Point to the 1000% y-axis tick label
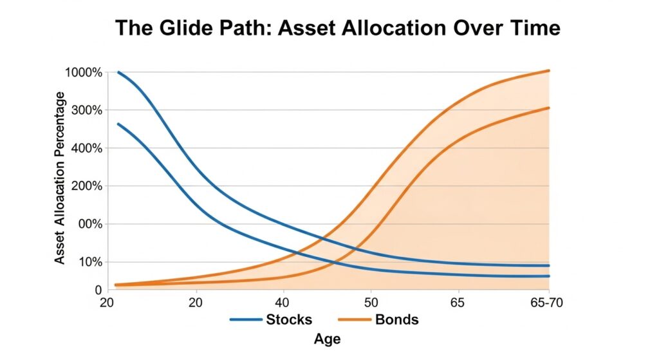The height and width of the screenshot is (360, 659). [84, 73]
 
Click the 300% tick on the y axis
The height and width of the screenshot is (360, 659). [87, 111]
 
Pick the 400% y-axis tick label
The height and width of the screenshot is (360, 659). [87, 149]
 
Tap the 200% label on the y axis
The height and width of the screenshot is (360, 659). [87, 186]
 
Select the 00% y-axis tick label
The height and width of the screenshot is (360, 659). [90, 224]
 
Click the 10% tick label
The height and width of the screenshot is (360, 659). [91, 262]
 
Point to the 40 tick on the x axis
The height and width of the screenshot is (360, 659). [282, 303]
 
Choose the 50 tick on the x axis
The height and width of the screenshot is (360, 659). [371, 303]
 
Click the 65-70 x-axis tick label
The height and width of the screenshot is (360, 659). [546, 303]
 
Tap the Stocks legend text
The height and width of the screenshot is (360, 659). [289, 319]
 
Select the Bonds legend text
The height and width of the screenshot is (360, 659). [396, 319]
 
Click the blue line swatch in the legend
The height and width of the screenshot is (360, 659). [246, 319]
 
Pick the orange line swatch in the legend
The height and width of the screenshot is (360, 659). [355, 319]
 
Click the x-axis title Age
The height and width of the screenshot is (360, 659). [328, 339]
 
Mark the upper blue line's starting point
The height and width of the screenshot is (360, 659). [118, 72]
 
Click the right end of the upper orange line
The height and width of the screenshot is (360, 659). [548, 71]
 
